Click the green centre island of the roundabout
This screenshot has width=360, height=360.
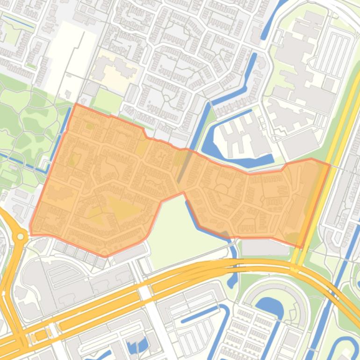tap(20, 237)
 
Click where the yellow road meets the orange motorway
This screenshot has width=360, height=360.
tap(294, 267)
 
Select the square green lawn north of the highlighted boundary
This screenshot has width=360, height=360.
tap(108, 101)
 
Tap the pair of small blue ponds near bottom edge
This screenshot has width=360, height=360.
tap(136, 346)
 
